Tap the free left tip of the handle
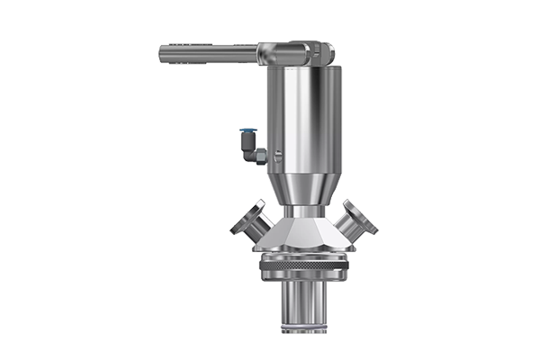click(x=162, y=54)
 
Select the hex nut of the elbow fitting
click(x=260, y=157)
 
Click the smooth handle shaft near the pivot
click(x=234, y=54)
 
